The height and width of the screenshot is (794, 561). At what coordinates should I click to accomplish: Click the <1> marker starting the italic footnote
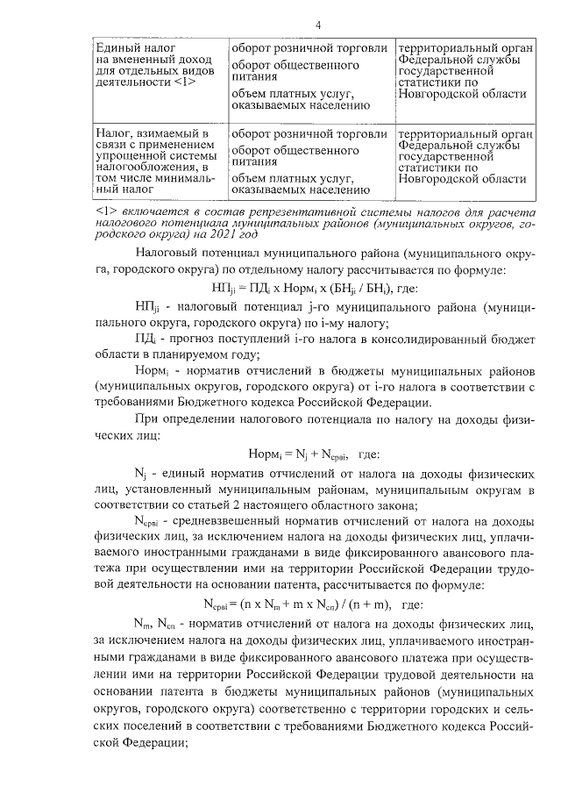point(104,212)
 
